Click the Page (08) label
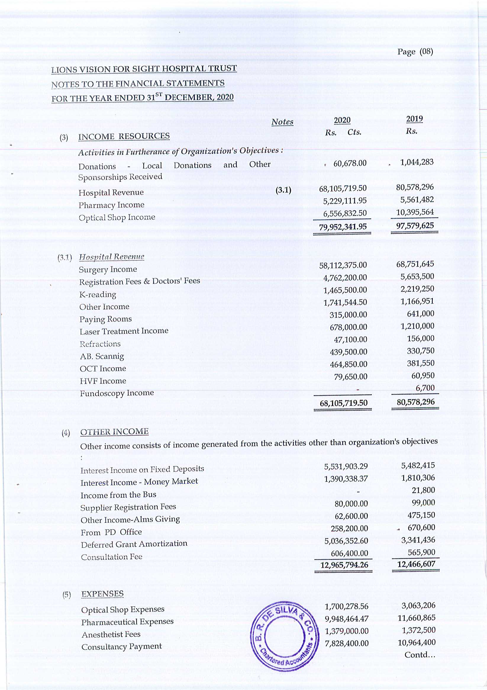point(415,52)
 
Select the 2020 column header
point(342,120)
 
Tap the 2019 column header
point(414,119)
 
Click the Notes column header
point(282,122)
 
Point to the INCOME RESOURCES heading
point(124,136)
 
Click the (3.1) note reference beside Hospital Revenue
point(283,190)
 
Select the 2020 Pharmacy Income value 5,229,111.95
point(345,201)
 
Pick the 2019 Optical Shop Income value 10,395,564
point(415,212)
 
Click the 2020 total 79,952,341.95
point(343,226)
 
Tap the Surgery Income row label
point(108,269)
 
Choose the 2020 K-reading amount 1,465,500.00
point(345,290)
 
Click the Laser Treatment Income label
point(124,331)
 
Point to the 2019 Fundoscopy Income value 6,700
point(425,388)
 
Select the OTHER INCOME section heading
point(114,432)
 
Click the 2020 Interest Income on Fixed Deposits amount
point(346,467)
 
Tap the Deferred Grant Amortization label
point(134,544)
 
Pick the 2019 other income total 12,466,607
point(416,564)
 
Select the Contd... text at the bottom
point(420,655)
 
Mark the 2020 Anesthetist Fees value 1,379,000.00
point(346,631)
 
